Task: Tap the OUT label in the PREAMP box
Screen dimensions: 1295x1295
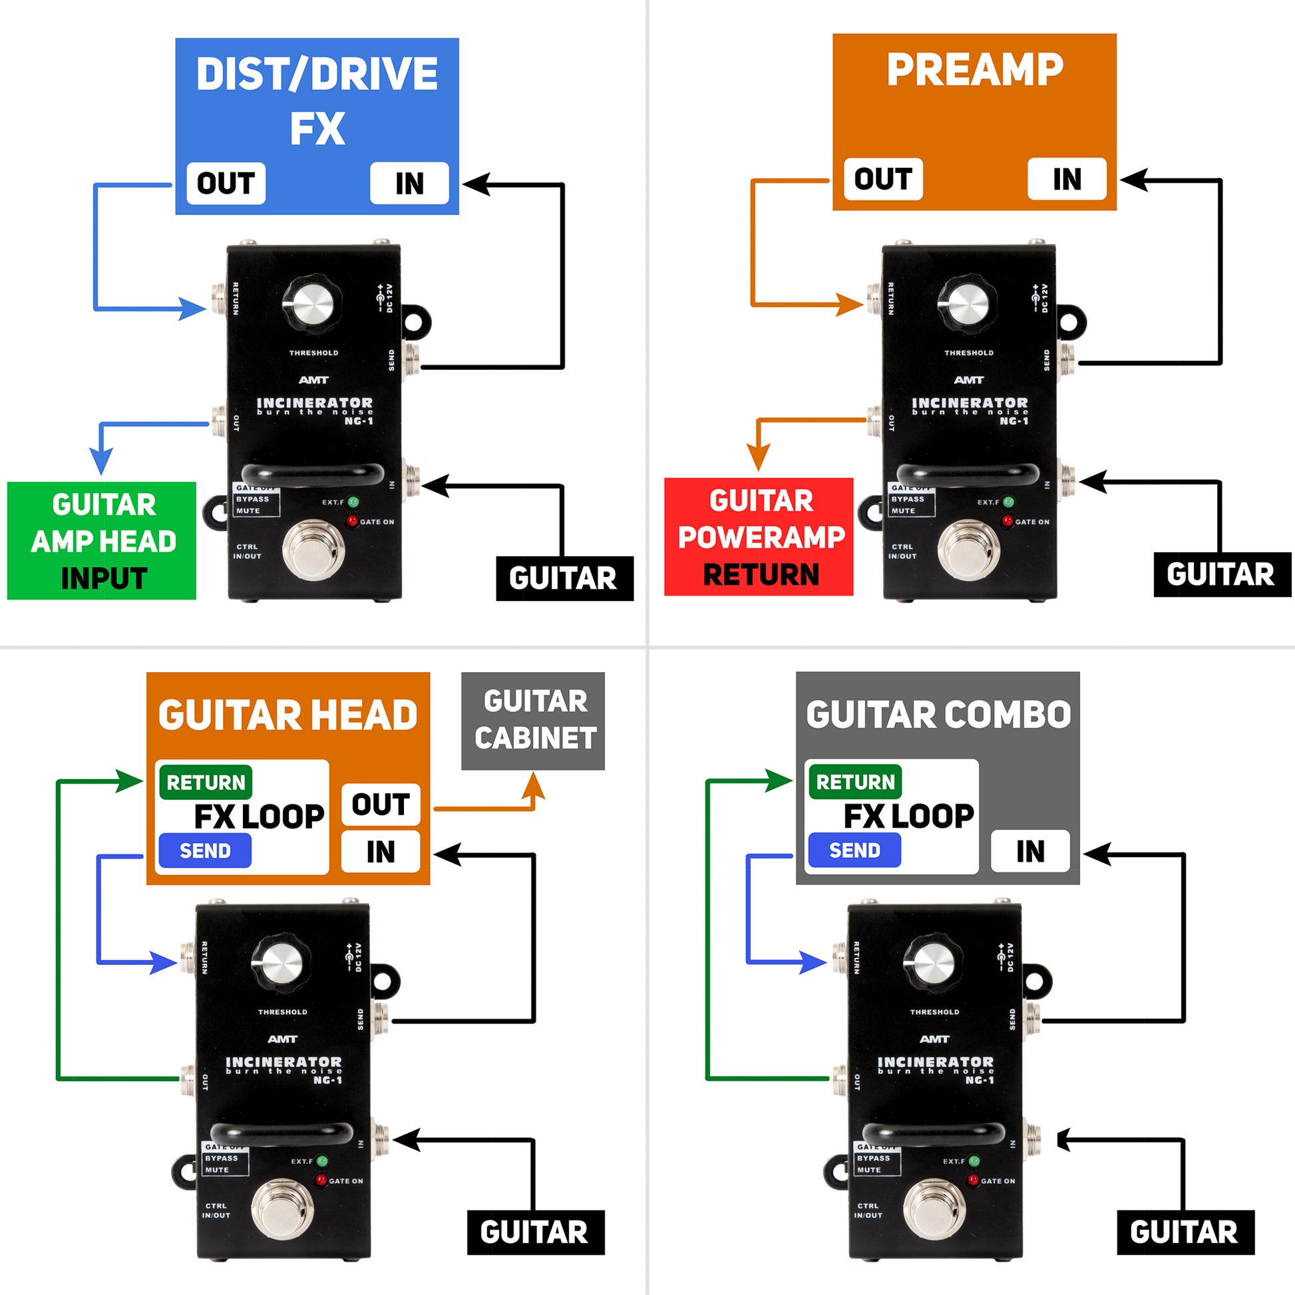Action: (883, 179)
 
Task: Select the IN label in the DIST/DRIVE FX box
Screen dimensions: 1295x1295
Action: (409, 183)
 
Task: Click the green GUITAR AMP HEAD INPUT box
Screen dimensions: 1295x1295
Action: (102, 540)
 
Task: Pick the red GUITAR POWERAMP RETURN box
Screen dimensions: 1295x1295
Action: (759, 536)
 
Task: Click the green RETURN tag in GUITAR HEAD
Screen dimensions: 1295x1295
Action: (206, 782)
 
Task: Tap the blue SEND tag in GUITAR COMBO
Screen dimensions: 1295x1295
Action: (854, 850)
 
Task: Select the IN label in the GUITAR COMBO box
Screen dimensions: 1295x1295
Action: (1029, 851)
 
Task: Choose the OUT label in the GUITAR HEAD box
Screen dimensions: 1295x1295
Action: (380, 805)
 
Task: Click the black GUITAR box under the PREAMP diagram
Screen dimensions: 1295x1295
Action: (1220, 574)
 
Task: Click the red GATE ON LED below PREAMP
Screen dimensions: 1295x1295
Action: (1007, 521)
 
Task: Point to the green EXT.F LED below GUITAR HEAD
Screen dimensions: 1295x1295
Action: (321, 1161)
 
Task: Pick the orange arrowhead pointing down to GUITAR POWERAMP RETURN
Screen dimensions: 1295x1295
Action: (758, 459)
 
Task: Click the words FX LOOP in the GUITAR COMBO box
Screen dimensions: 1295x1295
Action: (908, 816)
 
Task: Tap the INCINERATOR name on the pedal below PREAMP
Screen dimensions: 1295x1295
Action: (969, 403)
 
